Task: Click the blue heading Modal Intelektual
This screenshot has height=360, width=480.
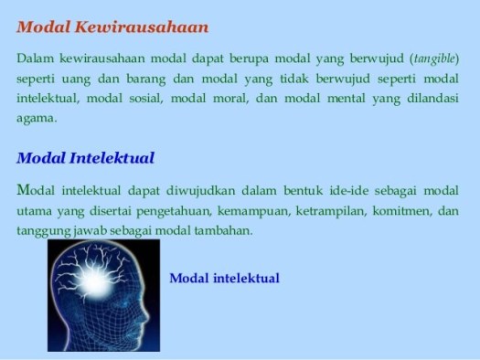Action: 85,157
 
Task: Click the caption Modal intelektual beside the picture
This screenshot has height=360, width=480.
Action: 224,278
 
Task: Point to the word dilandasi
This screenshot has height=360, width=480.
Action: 432,99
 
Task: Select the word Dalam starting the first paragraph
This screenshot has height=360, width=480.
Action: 34,58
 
